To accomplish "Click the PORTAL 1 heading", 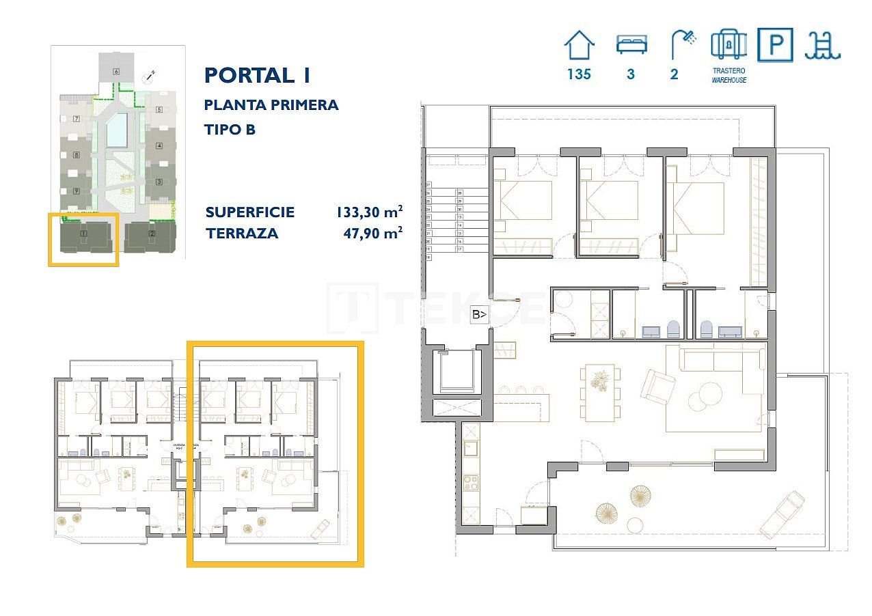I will point(257,75).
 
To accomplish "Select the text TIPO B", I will point(230,129).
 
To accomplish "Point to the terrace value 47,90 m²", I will point(372,233).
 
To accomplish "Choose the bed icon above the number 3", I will point(631,45).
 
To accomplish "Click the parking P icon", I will point(775,45).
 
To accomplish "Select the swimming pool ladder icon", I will point(823,45).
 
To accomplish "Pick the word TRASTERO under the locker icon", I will point(728,70).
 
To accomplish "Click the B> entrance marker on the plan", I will point(480,315).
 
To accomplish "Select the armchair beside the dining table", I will point(657,387).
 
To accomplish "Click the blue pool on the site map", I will point(117,130).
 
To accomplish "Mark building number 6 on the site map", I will point(116,71).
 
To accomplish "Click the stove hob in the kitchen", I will point(471,482).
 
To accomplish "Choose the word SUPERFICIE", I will point(249,212).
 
